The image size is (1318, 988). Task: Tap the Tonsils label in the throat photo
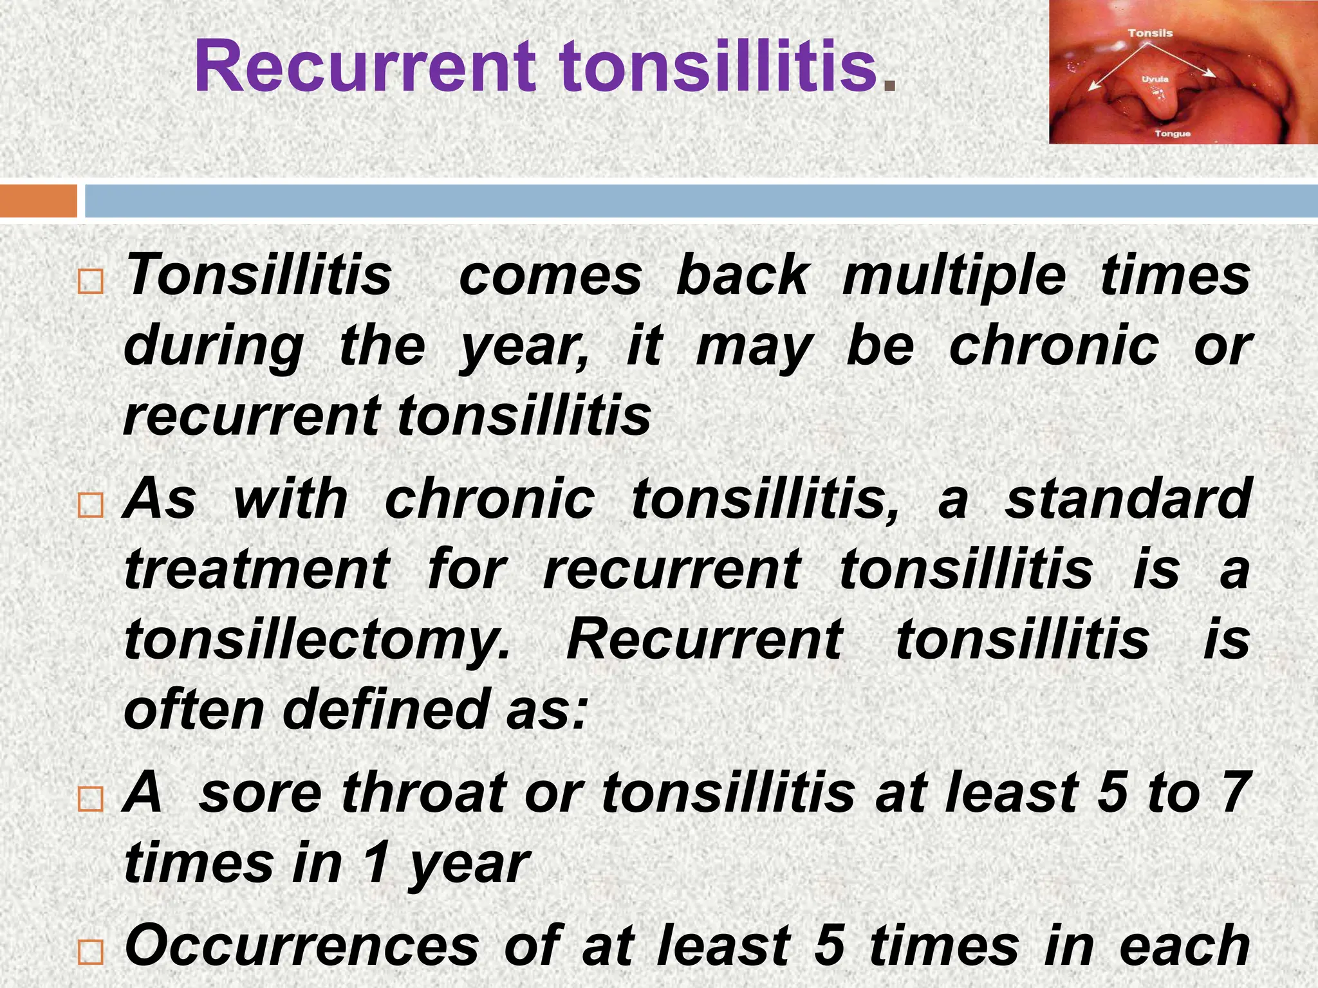tap(1150, 33)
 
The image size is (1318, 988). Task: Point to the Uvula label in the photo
tap(1155, 79)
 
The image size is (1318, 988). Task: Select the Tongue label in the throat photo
tap(1173, 134)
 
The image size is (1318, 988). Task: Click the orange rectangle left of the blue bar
tap(38, 201)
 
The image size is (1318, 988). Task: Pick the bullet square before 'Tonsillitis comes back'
tap(90, 282)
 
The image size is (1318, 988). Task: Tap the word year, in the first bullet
tap(524, 347)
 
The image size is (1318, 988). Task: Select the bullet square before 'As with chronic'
tap(90, 506)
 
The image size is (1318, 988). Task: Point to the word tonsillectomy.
tap(317, 641)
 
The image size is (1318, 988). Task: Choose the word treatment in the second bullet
tap(257, 570)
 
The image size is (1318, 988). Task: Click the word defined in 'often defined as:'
tap(385, 710)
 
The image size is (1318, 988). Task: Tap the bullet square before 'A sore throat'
tap(90, 800)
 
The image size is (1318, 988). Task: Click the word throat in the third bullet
tap(425, 792)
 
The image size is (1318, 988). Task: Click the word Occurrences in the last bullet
tap(302, 946)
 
